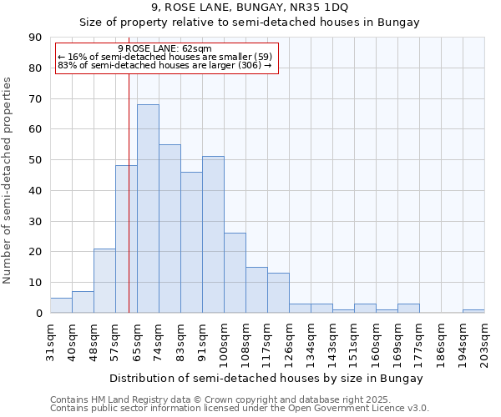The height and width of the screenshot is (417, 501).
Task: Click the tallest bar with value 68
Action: pos(148,208)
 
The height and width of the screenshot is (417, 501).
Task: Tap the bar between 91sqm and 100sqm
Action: pos(213,234)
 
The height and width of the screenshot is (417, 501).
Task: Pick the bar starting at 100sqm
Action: pos(235,273)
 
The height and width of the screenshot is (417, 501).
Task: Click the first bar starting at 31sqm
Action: pos(61,305)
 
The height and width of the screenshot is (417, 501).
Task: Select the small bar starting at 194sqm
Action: pos(473,311)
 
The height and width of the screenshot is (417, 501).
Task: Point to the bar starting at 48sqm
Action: pos(104,280)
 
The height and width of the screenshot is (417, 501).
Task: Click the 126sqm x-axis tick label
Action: pos(289,343)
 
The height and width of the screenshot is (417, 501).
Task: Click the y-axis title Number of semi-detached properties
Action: pos(8,180)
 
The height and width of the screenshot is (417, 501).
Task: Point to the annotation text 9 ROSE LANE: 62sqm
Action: pos(165,48)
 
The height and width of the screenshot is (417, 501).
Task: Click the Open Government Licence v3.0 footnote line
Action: pos(239,409)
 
